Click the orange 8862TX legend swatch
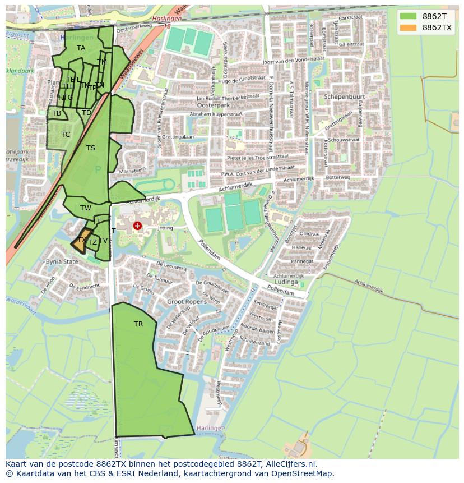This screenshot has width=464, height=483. [409, 27]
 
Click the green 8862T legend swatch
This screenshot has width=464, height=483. [409, 16]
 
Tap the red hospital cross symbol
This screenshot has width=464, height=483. [137, 226]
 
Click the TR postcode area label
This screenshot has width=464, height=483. [138, 324]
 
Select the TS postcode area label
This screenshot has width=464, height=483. [91, 148]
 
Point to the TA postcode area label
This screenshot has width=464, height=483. [81, 48]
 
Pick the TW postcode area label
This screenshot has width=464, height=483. [86, 208]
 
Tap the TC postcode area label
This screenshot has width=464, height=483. [66, 135]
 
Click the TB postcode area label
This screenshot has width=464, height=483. [57, 113]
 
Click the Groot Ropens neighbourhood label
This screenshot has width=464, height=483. [187, 302]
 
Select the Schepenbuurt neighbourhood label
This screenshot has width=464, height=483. [344, 96]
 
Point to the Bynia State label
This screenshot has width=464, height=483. [62, 261]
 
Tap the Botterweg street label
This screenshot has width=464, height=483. [338, 177]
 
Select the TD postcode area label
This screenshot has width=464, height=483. [86, 113]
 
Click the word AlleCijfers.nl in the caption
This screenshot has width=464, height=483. [290, 464]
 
